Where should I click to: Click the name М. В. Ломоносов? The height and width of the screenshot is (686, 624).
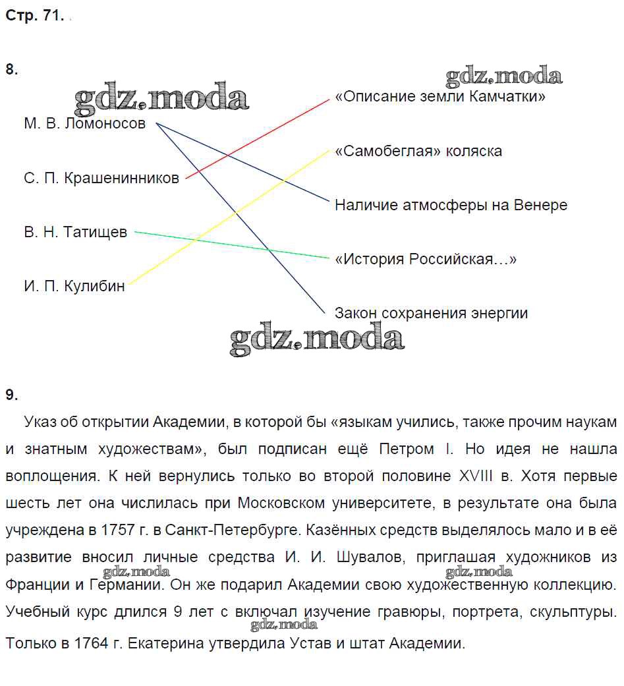pos(84,124)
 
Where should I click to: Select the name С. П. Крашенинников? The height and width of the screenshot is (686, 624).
pos(101,178)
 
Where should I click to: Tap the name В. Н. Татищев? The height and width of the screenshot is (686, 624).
pos(76,232)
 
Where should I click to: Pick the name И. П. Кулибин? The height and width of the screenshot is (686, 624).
pos(74,286)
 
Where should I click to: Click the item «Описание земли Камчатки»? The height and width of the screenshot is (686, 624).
pos(440,97)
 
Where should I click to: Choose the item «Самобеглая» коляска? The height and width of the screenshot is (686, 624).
pos(418,151)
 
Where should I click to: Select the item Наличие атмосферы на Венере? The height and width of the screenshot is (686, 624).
pos(451,205)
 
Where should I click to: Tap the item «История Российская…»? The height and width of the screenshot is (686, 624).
pos(426,259)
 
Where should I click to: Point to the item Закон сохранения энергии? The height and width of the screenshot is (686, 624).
pos(431,313)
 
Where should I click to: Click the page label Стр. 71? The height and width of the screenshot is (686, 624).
pos(34,17)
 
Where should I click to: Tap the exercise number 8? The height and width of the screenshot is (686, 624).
pos(11,70)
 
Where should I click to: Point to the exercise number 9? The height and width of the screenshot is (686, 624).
pos(11,395)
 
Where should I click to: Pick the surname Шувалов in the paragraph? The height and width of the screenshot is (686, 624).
pos(366,557)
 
